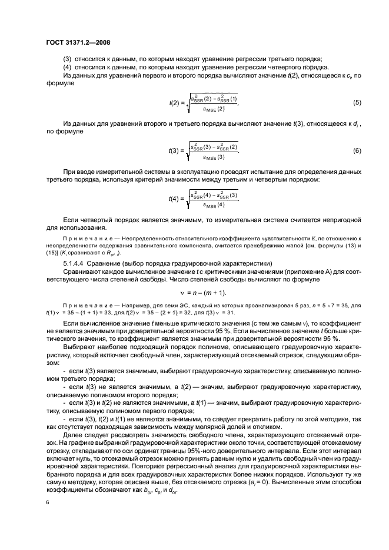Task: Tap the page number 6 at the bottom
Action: pyautogui.click(x=48, y=502)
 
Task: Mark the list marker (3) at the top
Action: pyautogui.click(x=67, y=59)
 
